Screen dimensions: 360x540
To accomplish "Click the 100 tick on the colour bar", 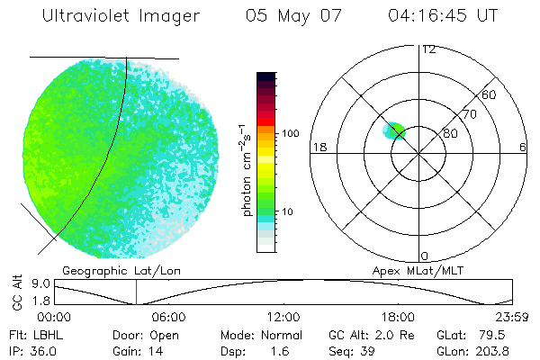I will coord(291,133).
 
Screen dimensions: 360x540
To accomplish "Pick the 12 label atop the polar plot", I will coord(428,49).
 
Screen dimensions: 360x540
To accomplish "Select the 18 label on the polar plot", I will coord(318,147).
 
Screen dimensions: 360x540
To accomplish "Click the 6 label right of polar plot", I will coord(524,147).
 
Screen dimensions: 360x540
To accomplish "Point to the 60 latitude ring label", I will coord(490,94).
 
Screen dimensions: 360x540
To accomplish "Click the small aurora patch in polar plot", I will coord(395,131).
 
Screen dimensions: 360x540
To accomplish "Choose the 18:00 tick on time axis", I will coord(398,317).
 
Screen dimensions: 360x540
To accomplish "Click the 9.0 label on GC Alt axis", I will coord(34,282).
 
